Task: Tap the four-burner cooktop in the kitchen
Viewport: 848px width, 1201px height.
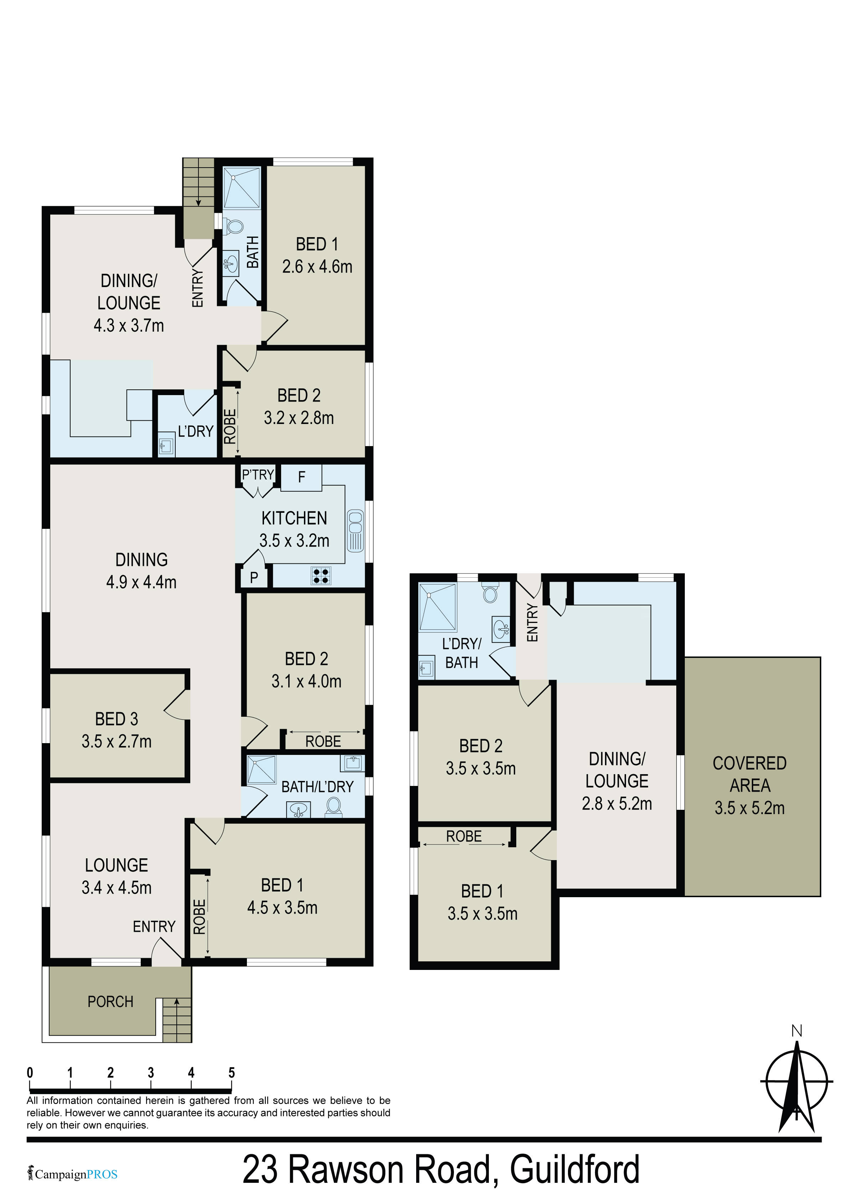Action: (321, 576)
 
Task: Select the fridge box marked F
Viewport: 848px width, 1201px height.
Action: (301, 477)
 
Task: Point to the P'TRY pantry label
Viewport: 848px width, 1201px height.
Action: (258, 474)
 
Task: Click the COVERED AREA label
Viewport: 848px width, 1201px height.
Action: (750, 774)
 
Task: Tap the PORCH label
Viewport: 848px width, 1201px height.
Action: (110, 1002)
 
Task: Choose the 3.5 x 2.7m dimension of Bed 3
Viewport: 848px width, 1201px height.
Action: (117, 741)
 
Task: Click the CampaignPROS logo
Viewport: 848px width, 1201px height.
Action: (73, 1174)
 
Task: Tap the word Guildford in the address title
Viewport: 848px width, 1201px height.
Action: (575, 1169)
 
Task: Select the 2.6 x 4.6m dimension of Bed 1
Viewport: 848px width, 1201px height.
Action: (317, 267)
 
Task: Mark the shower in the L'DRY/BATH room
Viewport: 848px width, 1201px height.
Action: (438, 607)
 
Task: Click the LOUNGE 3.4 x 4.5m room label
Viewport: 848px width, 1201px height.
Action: (117, 876)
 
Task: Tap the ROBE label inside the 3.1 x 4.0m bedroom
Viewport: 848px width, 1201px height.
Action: (323, 741)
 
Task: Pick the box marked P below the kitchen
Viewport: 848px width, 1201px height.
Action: (254, 577)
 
